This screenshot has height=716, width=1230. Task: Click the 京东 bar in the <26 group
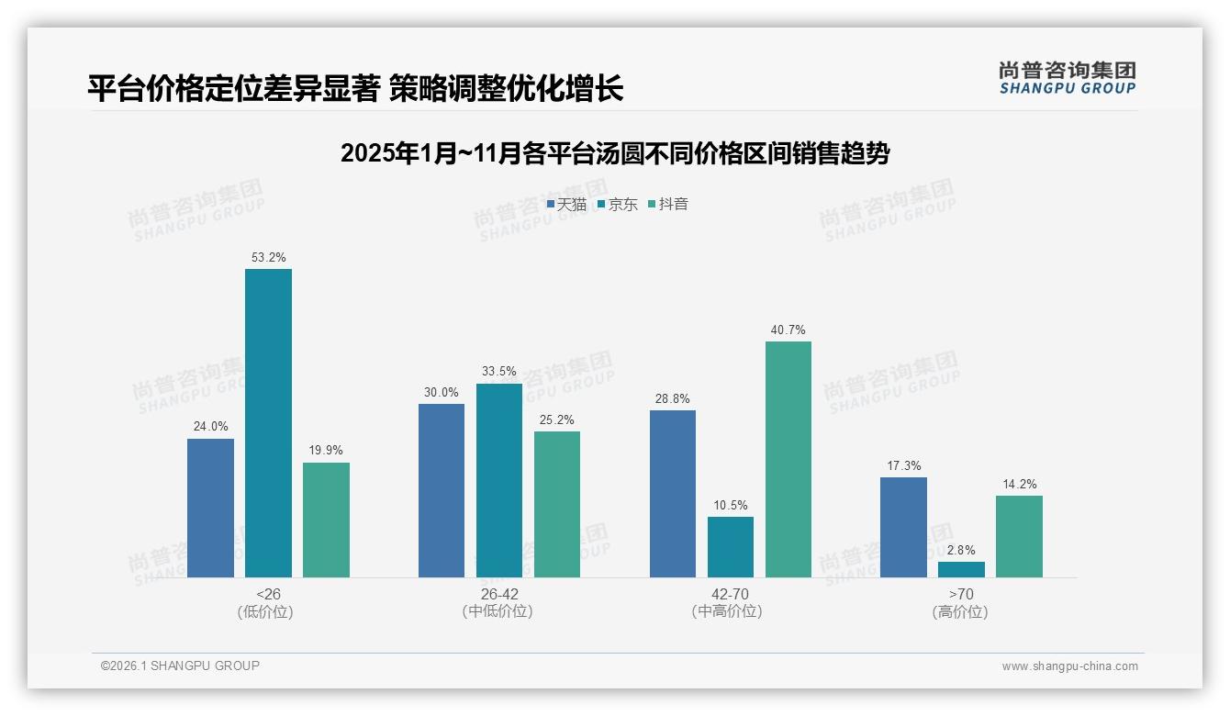tap(268, 422)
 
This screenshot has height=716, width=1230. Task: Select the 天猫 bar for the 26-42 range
tap(442, 490)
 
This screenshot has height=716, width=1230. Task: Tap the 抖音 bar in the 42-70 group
tap(788, 459)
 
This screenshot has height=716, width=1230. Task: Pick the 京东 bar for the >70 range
tap(961, 569)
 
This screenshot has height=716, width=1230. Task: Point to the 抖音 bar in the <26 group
tap(326, 520)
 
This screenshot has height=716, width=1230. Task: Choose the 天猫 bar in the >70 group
tap(903, 527)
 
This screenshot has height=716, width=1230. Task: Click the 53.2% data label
tap(268, 258)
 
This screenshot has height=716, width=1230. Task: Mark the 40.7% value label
tap(788, 330)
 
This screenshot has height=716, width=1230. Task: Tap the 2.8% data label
tap(961, 550)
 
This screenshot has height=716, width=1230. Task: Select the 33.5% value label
tap(499, 372)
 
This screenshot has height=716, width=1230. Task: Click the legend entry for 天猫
tap(566, 205)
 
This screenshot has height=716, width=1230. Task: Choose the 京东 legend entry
tap(617, 205)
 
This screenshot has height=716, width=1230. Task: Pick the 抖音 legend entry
tap(668, 205)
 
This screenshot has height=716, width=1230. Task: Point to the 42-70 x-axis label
tap(726, 594)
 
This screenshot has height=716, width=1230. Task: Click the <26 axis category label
tap(268, 594)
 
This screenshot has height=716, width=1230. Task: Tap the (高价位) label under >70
tap(960, 612)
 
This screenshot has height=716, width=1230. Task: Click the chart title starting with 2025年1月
tap(615, 153)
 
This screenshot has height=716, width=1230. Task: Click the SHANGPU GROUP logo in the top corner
tap(1067, 78)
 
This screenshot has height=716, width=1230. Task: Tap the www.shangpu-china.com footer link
tap(1069, 666)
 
